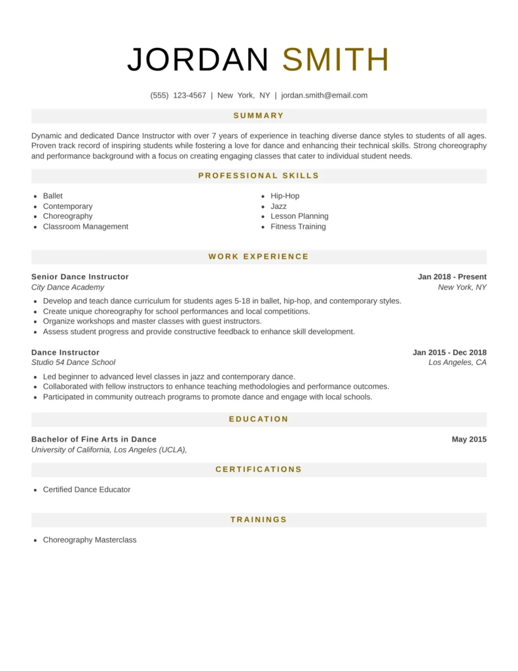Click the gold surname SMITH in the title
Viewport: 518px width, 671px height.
(336, 60)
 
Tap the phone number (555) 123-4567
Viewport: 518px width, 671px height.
(178, 95)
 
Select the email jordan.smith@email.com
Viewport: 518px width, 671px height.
(324, 95)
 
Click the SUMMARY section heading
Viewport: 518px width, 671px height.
(259, 115)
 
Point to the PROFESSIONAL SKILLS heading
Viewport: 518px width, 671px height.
(259, 176)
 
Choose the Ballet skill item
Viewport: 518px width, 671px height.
(53, 196)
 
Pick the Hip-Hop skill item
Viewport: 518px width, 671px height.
(285, 196)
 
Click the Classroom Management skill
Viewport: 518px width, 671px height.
(86, 227)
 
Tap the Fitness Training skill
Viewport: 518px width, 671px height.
(298, 227)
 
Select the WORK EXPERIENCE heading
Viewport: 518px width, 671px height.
(259, 256)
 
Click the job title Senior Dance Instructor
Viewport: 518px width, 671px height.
(80, 277)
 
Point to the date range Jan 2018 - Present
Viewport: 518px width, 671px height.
(452, 277)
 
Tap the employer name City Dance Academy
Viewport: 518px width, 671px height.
(67, 287)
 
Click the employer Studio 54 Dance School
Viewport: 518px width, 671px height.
(73, 362)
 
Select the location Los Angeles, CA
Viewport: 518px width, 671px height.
(457, 362)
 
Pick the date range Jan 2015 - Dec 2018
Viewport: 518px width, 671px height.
(449, 353)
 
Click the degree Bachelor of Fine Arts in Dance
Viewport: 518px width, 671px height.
(94, 439)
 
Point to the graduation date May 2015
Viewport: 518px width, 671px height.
(469, 439)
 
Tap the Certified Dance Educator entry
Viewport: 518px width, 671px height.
(86, 489)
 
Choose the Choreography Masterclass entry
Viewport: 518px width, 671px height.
(90, 540)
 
